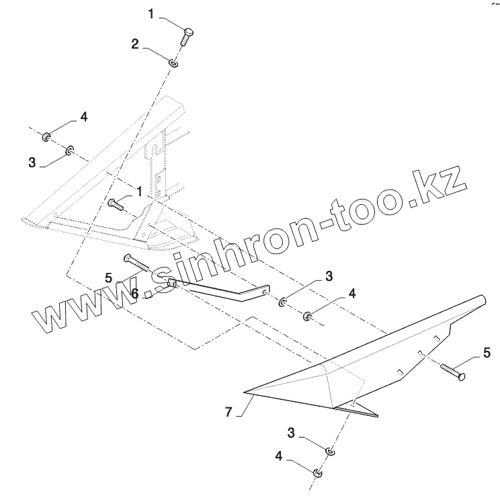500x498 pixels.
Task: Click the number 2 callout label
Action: click(135, 44)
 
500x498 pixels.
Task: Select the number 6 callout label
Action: click(134, 294)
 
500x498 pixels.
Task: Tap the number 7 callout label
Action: click(228, 412)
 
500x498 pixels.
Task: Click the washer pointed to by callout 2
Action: click(173, 64)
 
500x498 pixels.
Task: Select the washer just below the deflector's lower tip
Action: click(329, 451)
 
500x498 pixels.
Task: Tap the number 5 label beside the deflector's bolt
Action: click(486, 351)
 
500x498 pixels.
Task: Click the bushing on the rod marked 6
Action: click(171, 284)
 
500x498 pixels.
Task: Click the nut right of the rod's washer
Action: click(308, 315)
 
